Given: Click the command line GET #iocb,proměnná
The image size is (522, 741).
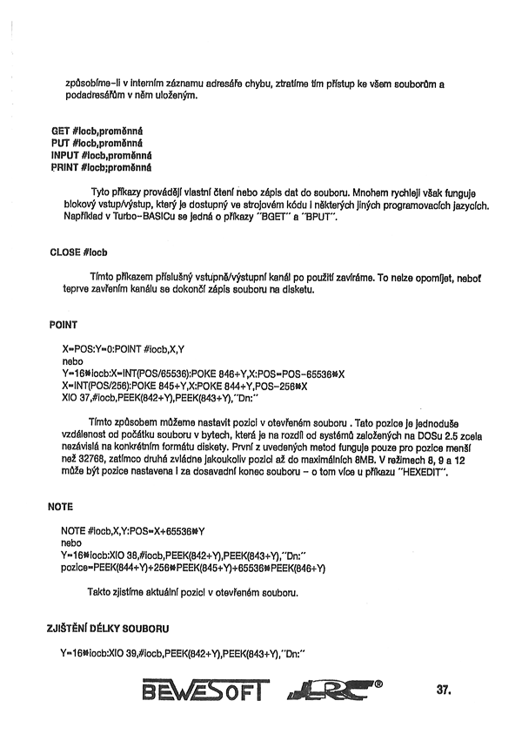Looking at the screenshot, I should click(97, 131).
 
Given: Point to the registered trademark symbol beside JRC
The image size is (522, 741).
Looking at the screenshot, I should click(377, 684).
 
